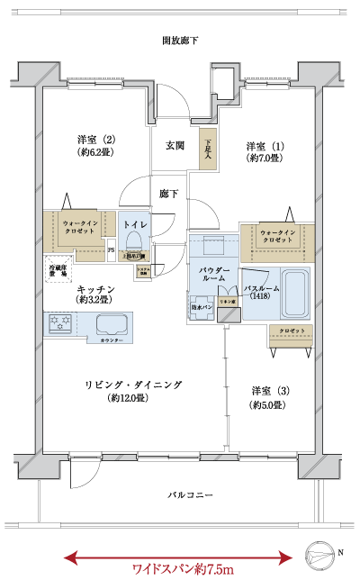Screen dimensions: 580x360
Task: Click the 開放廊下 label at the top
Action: click(x=180, y=41)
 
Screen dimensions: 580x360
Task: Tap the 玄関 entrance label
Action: click(x=175, y=145)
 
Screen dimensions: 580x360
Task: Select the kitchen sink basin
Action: click(x=112, y=325)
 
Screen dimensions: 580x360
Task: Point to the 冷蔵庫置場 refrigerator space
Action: click(x=58, y=268)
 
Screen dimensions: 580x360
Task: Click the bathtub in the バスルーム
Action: click(x=294, y=292)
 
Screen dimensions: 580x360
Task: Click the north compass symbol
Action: click(x=323, y=551)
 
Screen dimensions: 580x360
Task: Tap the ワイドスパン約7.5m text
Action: click(x=183, y=568)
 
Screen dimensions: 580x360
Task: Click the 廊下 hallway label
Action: click(x=167, y=192)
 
